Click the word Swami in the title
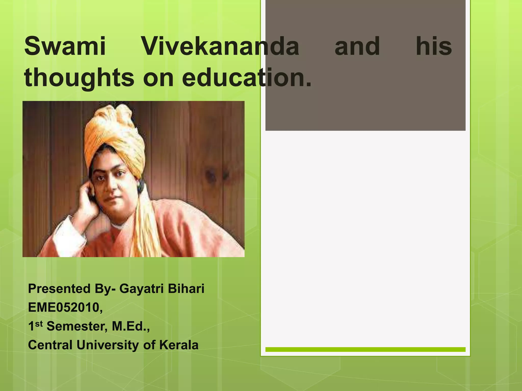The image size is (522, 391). coord(65,46)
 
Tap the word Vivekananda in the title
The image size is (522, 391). coord(220,46)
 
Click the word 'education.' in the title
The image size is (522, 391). coord(246,77)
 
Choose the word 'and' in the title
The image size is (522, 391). coord(357,46)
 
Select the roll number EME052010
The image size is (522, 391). coord(65,308)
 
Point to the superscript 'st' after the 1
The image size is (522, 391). coord(38,324)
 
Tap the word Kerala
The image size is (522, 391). coord(179,345)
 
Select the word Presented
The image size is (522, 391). coord(59,289)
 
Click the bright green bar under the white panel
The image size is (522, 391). coord(366,350)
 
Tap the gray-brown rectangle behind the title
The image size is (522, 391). coord(366,102)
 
